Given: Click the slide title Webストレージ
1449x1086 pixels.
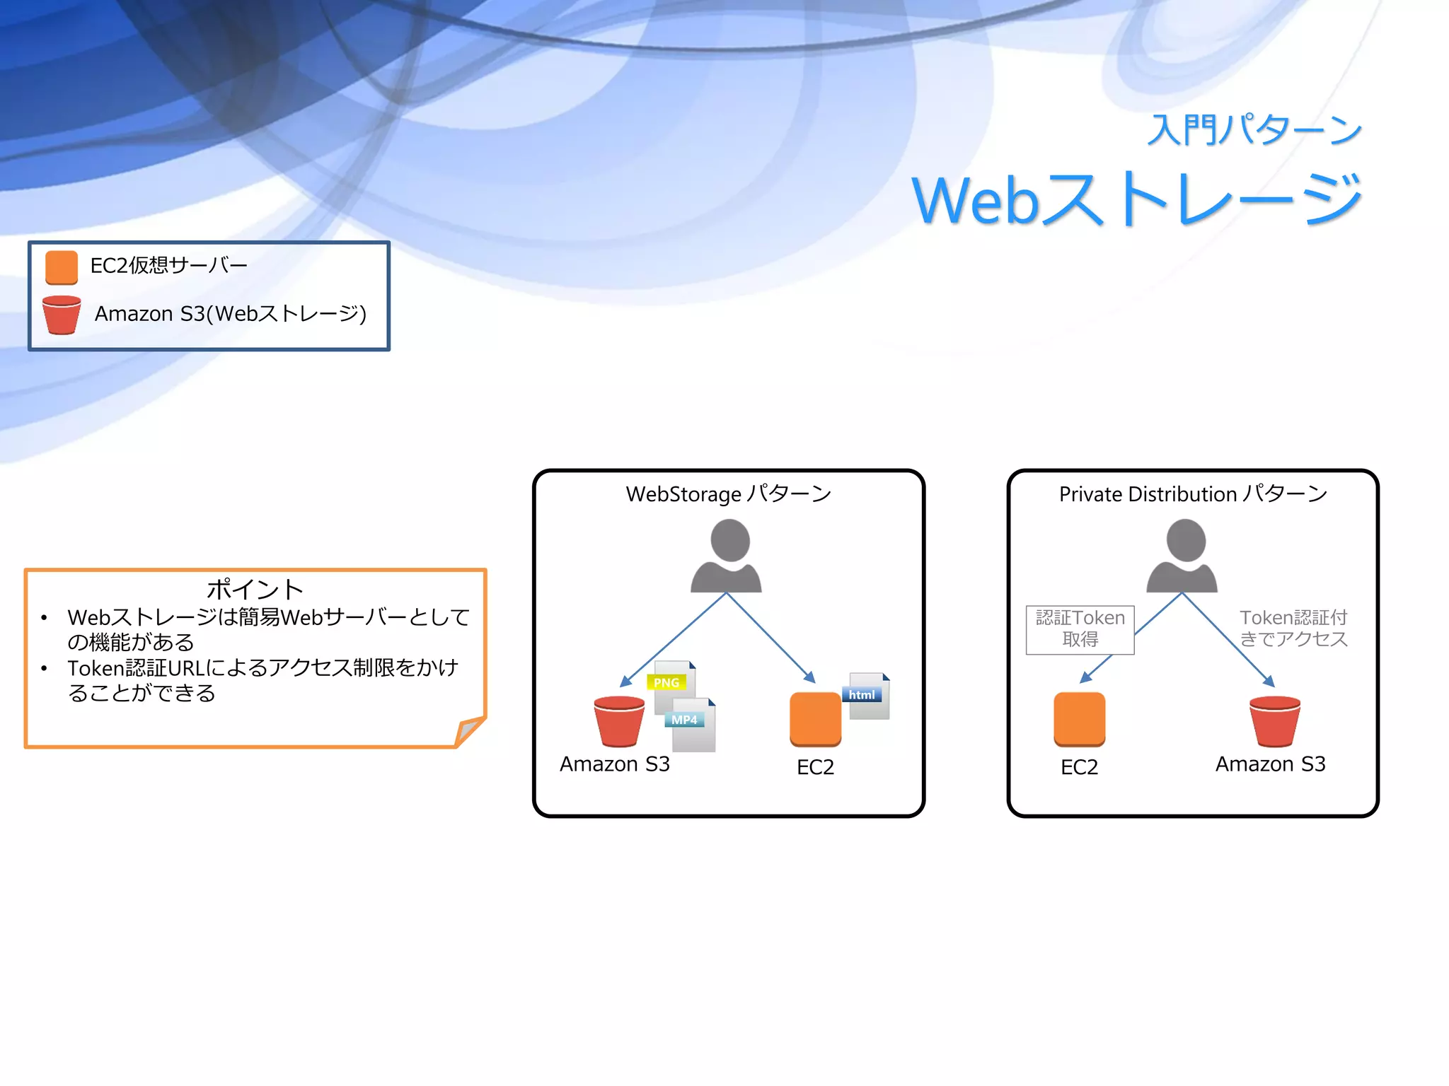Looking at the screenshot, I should (x=1136, y=199).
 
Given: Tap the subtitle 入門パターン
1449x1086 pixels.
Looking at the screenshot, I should (x=1254, y=129).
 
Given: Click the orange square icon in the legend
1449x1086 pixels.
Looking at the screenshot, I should (x=62, y=267).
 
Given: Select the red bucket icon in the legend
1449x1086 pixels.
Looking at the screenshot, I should (x=62, y=315).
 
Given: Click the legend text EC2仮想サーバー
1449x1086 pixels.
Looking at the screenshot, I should (x=168, y=265).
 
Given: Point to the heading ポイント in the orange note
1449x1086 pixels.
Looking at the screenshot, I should (x=255, y=588).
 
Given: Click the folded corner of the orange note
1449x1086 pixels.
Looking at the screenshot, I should (x=468, y=731).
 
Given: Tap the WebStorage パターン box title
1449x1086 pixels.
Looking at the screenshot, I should (x=728, y=494).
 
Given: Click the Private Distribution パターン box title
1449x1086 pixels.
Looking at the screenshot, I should (x=1193, y=494).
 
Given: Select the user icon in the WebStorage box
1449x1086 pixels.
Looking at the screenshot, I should (x=727, y=556).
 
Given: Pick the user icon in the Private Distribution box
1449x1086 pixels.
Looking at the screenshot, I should (x=1182, y=556).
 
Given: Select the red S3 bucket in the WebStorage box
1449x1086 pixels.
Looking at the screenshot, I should (x=619, y=721).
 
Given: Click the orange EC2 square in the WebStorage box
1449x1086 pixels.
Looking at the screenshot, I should (x=815, y=718).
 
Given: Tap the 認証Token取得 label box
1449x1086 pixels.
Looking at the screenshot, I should (x=1080, y=629).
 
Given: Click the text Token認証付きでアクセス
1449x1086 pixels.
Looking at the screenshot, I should (x=1293, y=628).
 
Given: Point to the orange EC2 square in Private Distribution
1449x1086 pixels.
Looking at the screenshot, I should (x=1079, y=718).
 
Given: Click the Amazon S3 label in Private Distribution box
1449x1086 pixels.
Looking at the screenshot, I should (x=1270, y=764).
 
